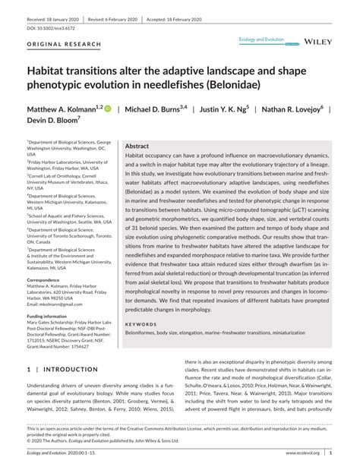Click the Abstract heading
137,146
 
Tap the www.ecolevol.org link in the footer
303,453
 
